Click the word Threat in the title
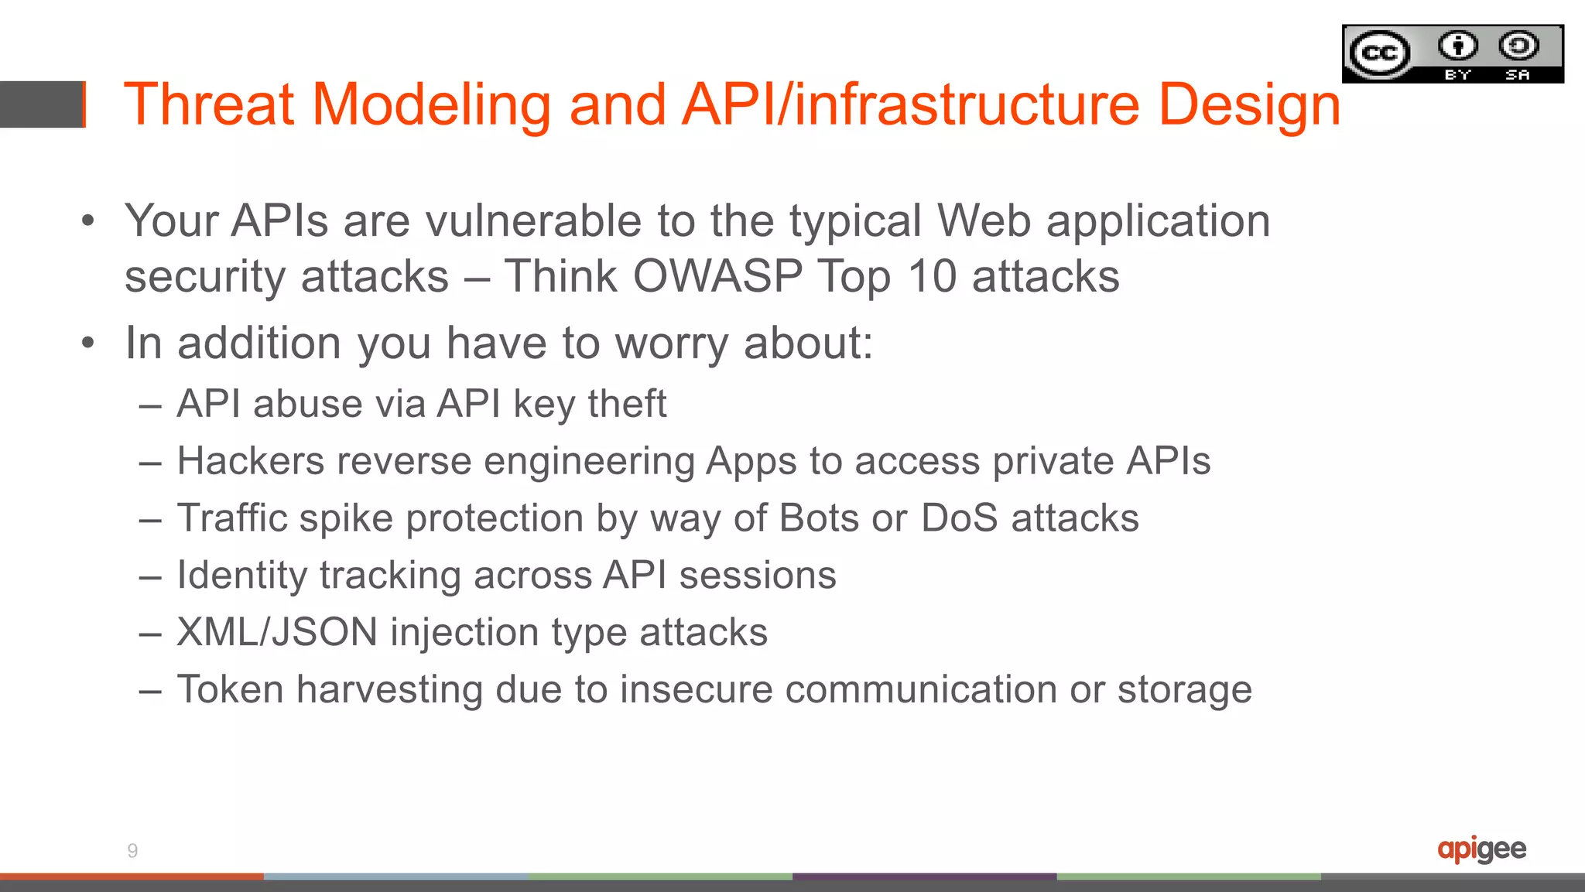pyautogui.click(x=208, y=104)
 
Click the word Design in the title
pyautogui.click(x=1249, y=104)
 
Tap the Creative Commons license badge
pyautogui.click(x=1453, y=54)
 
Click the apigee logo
pyautogui.click(x=1481, y=849)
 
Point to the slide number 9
pyautogui.click(x=132, y=851)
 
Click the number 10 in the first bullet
pyautogui.click(x=932, y=276)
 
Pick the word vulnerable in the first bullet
pyautogui.click(x=533, y=221)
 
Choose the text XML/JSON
pyautogui.click(x=277, y=633)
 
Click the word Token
pyautogui.click(x=230, y=689)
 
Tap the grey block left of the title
pyautogui.click(x=41, y=104)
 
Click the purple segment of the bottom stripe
pyautogui.click(x=924, y=877)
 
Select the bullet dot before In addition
pyautogui.click(x=88, y=343)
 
